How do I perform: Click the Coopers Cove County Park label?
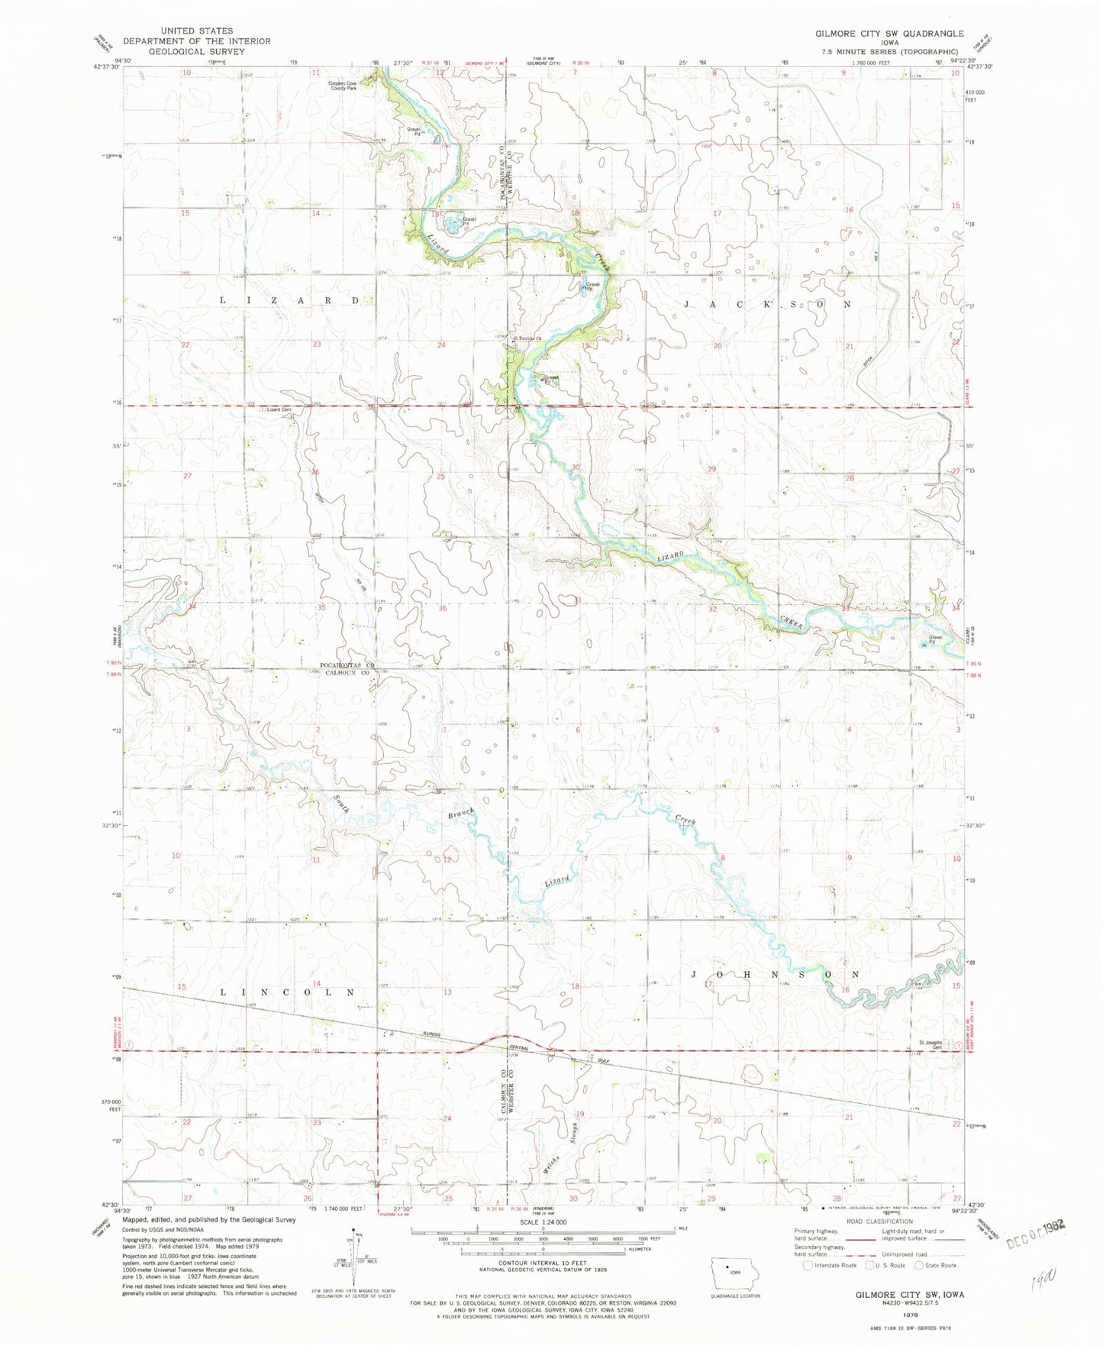[x=343, y=86]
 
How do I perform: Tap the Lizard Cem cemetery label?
[x=279, y=410]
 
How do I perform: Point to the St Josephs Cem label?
[x=930, y=1045]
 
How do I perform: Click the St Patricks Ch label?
[x=527, y=338]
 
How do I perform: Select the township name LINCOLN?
[x=288, y=992]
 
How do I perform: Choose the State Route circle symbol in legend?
[x=920, y=1265]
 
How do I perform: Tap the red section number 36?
[x=443, y=608]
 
